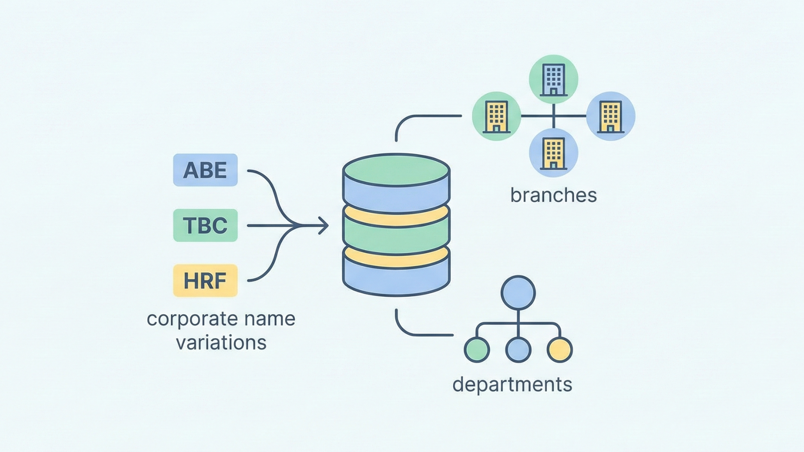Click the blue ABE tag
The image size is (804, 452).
[x=205, y=170]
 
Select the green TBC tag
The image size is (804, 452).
[x=205, y=225]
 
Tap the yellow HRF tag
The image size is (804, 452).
[x=205, y=280]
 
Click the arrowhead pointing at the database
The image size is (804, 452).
[x=323, y=226]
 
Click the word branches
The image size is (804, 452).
[x=553, y=195]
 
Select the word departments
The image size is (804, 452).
[x=512, y=384]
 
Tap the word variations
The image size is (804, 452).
[x=221, y=343]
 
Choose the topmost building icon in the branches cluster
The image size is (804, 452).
[x=554, y=80]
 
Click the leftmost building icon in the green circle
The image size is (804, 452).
[x=497, y=116]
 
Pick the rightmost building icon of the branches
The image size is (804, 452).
[x=611, y=116]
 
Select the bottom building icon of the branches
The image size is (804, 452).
[x=554, y=153]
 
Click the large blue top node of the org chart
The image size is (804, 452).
[x=518, y=293]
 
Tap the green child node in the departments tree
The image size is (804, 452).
[x=477, y=349]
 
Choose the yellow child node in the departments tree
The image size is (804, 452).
[x=559, y=349]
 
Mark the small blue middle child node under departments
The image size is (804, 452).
[x=518, y=349]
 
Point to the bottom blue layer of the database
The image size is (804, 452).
[x=396, y=276]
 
